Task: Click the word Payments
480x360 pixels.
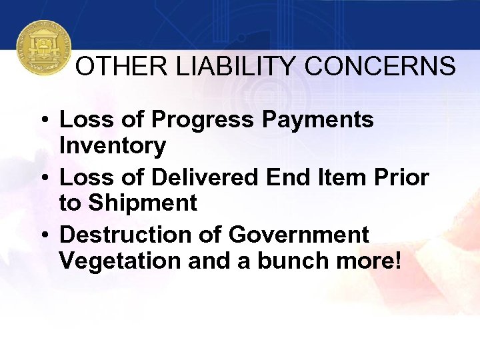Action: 317,120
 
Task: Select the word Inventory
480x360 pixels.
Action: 112,145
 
